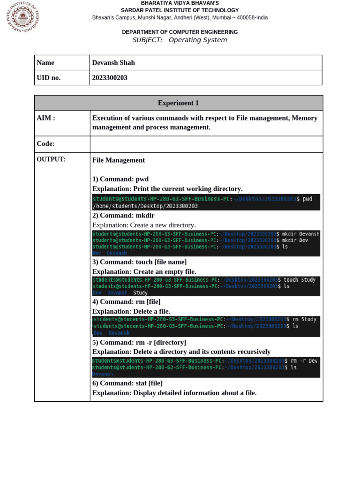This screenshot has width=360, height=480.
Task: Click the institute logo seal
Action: (22, 17)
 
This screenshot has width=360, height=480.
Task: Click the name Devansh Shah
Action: (113, 63)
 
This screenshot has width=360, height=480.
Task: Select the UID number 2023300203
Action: (110, 78)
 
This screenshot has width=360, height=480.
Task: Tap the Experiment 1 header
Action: (178, 103)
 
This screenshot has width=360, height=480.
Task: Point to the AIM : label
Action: (46, 118)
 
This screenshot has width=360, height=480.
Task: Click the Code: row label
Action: (46, 144)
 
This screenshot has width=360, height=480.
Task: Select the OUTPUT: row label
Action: (51, 159)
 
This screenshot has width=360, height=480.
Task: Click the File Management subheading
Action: (119, 160)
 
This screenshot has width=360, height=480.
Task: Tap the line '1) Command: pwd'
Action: (120, 179)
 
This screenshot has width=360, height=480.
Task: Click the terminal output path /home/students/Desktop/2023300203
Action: (145, 206)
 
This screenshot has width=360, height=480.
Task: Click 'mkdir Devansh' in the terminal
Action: (300, 234)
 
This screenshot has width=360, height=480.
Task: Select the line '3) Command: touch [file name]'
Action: (139, 262)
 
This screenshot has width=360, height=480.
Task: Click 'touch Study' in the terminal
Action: (300, 280)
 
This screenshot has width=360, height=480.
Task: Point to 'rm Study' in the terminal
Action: (301, 319)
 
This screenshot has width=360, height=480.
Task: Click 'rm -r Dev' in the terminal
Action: (304, 361)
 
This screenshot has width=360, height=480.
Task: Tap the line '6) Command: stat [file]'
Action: (127, 383)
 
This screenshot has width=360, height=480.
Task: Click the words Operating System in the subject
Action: (198, 40)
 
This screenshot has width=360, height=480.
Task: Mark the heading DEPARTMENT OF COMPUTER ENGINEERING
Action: (180, 32)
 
